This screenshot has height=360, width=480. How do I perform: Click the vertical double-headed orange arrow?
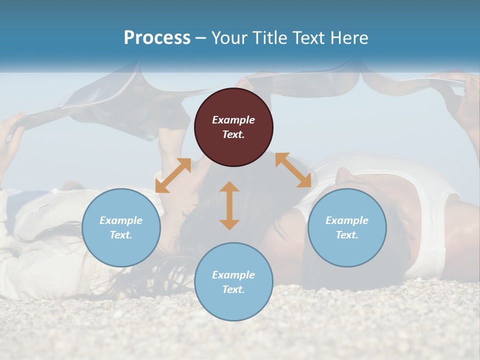coord(229,205)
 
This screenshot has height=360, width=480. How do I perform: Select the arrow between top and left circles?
coord(173,175)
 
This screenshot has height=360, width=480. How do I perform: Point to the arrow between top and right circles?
coord(293,170)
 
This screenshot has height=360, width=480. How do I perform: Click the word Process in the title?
coord(157,38)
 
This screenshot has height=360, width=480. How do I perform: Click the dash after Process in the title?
coord(201,38)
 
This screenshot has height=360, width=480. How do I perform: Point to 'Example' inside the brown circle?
coord(233,120)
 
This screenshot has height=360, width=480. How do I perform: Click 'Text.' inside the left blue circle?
coord(121,235)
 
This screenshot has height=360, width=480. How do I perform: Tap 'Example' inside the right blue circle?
coord(347,220)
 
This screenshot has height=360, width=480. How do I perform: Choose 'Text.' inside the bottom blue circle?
coord(233,289)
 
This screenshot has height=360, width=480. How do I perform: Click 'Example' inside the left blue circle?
coord(121,220)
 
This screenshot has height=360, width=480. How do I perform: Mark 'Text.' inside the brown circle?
coord(233,134)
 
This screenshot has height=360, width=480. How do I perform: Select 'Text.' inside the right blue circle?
coord(347,235)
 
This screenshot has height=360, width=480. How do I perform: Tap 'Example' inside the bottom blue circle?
coord(233,275)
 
